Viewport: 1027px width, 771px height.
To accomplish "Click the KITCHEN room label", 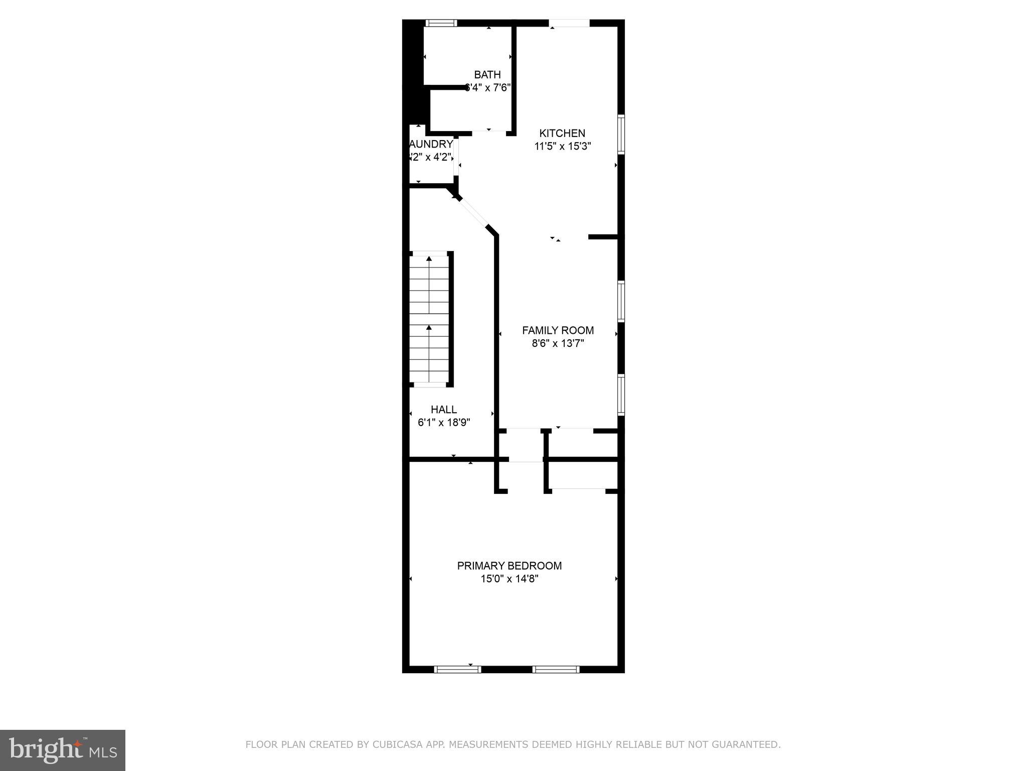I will [562, 133].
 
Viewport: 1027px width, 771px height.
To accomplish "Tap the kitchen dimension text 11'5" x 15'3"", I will [563, 147].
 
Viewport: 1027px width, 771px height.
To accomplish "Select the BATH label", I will [487, 75].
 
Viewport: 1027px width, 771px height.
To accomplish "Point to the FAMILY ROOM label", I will [558, 330].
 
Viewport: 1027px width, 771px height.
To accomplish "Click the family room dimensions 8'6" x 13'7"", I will [558, 344].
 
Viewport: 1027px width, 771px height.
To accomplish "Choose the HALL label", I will [443, 410].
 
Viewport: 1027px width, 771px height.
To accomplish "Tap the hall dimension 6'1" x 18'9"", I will [444, 423].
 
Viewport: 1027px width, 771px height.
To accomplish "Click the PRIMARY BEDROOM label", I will [509, 566].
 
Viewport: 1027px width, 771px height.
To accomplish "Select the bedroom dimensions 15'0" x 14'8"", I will [509, 579].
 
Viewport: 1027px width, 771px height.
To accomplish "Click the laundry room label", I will [431, 144].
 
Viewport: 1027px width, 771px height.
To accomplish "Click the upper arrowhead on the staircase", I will [429, 259].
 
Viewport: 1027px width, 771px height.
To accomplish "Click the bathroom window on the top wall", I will [441, 23].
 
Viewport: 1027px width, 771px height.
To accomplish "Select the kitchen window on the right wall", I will [621, 134].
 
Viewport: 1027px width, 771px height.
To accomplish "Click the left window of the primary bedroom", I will [457, 669].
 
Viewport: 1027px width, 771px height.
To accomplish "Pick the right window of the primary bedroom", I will [556, 669].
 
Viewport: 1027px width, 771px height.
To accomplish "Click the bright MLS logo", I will [63, 750].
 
